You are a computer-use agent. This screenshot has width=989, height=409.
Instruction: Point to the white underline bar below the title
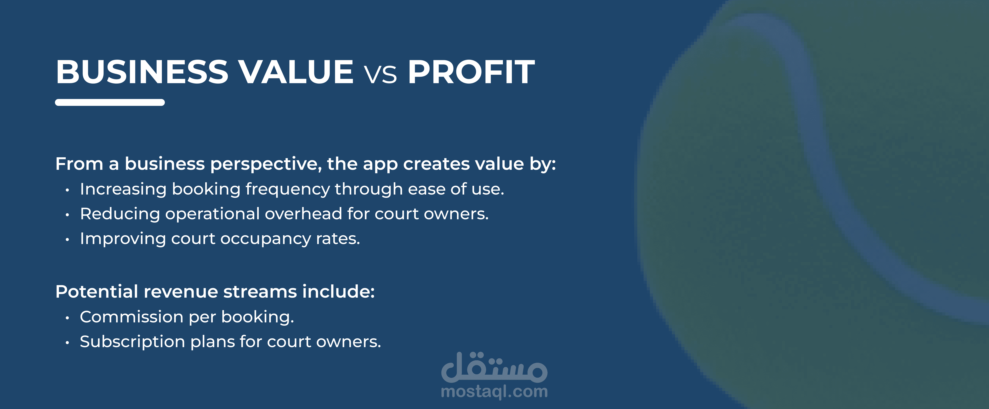(x=110, y=102)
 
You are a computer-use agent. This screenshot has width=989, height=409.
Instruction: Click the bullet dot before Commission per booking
(x=67, y=318)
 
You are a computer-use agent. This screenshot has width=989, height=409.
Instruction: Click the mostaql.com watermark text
(x=494, y=392)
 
